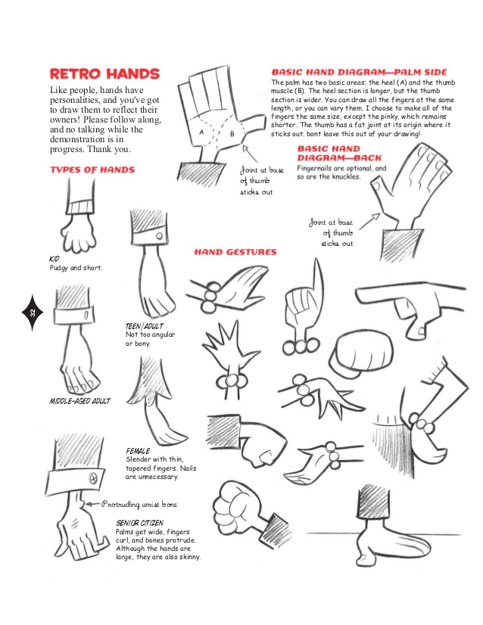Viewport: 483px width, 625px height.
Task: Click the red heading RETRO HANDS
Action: [x=104, y=74]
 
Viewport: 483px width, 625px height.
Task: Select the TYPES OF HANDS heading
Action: [x=92, y=170]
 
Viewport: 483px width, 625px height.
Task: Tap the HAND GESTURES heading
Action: [x=235, y=252]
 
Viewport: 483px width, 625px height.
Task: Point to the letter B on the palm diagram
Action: [x=231, y=135]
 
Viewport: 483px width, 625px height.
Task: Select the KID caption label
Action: [x=55, y=259]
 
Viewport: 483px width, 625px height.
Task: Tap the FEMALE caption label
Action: [x=138, y=450]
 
